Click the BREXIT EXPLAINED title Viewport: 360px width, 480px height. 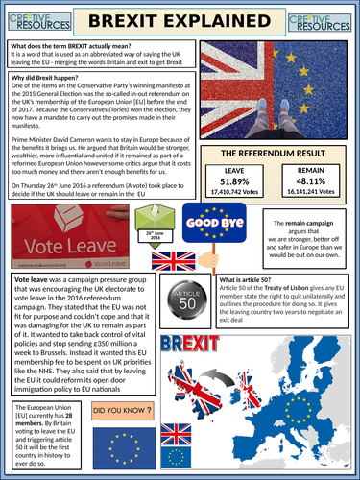pos(180,21)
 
